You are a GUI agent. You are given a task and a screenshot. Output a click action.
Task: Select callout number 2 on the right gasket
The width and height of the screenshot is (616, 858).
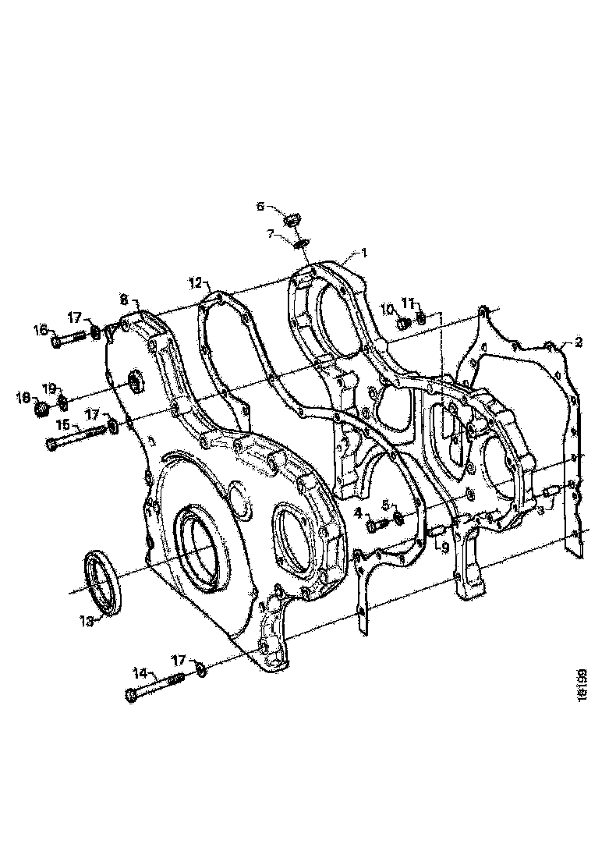[579, 342]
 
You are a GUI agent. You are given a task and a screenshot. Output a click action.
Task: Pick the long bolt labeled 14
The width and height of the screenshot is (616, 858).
[154, 687]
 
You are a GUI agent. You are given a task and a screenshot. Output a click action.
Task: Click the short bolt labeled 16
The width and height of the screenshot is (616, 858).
[70, 339]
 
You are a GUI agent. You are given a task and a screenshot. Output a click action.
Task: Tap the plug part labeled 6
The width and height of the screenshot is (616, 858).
[293, 219]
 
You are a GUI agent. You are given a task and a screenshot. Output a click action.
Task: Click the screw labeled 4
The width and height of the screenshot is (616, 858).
[377, 525]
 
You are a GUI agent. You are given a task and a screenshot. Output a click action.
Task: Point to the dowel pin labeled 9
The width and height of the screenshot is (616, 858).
[437, 532]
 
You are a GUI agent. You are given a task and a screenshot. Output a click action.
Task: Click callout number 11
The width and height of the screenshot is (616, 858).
[409, 303]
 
